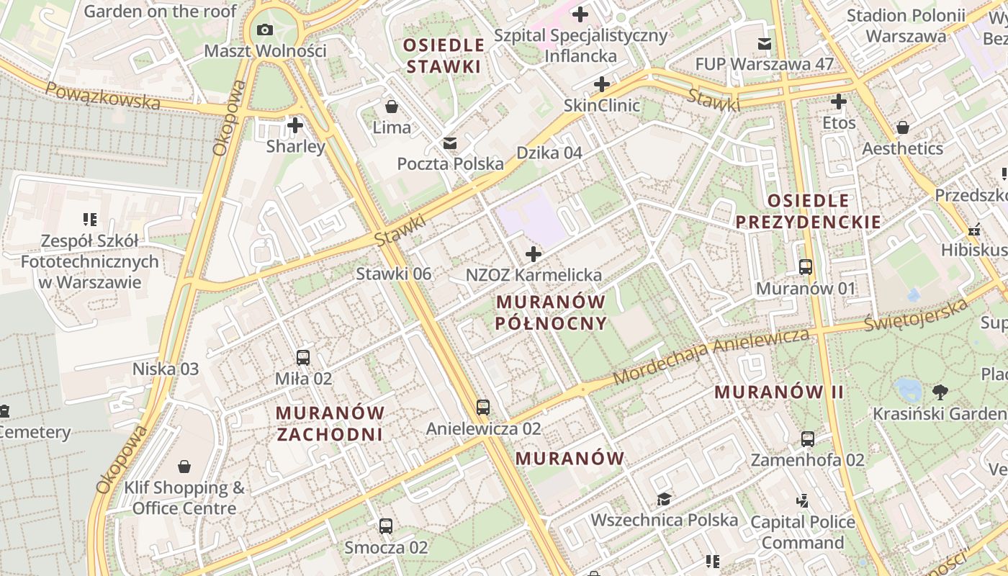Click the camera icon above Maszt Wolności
coord(265,30)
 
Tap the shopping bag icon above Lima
coord(392,107)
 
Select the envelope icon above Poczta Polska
coord(450,143)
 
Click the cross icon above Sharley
coord(294,125)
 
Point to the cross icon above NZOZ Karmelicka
coord(534,254)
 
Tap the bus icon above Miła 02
coord(303,357)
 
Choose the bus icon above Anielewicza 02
coord(483,408)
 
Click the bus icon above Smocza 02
coord(386,526)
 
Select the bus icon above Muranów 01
coord(806,267)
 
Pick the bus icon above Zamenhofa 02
coord(808,438)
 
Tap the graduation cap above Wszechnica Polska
coord(664,499)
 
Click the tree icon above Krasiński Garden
coord(940,392)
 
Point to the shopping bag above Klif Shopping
coord(184,467)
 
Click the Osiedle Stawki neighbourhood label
coord(444,55)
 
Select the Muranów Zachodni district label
coord(330,423)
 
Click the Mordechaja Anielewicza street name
coord(711,356)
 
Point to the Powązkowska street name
coord(103,96)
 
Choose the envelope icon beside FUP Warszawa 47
coord(765,44)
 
